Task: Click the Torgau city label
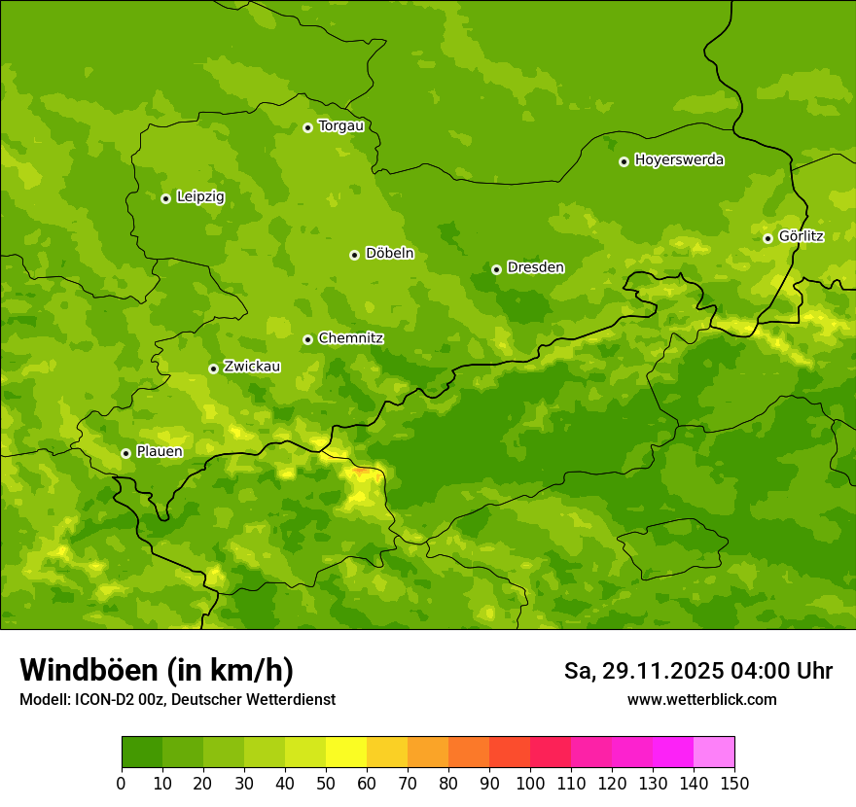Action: point(340,126)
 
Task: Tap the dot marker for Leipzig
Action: point(165,198)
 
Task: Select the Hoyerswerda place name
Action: point(679,160)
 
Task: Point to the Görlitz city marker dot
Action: point(767,238)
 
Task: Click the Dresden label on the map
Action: point(535,267)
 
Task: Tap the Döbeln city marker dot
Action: point(354,255)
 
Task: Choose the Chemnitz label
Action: point(350,338)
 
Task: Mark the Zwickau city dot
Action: point(213,368)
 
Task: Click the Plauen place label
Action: point(159,452)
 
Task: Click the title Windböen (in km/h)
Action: point(156,670)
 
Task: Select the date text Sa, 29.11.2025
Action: point(643,671)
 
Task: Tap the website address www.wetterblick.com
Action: point(701,699)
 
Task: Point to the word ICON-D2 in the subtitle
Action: point(101,700)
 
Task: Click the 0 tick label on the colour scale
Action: point(122,783)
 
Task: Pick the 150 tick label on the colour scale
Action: point(734,783)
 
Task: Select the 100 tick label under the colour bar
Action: point(530,783)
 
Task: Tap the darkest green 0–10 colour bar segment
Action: point(142,753)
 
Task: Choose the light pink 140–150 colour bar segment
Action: point(714,753)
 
